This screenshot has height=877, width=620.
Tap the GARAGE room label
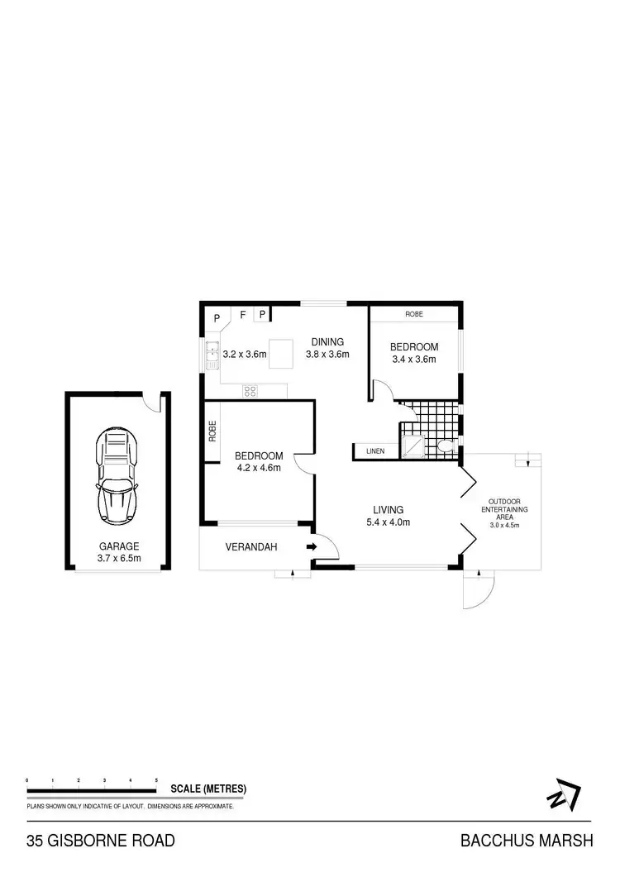[119, 546]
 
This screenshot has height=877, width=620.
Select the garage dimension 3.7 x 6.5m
[119, 559]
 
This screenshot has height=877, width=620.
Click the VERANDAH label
[251, 547]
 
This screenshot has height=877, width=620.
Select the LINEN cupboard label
[375, 451]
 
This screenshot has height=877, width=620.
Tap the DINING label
[327, 342]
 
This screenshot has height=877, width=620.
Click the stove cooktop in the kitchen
[250, 390]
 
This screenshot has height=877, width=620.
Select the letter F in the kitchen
[242, 315]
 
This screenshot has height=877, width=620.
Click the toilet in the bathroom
[446, 447]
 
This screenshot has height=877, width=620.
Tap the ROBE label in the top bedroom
[415, 315]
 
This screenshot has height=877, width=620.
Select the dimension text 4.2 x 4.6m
[258, 468]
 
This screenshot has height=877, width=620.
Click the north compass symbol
[564, 794]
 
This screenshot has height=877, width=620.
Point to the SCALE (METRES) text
[208, 789]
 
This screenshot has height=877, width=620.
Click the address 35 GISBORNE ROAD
[101, 841]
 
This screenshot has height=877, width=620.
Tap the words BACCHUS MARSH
[527, 841]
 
